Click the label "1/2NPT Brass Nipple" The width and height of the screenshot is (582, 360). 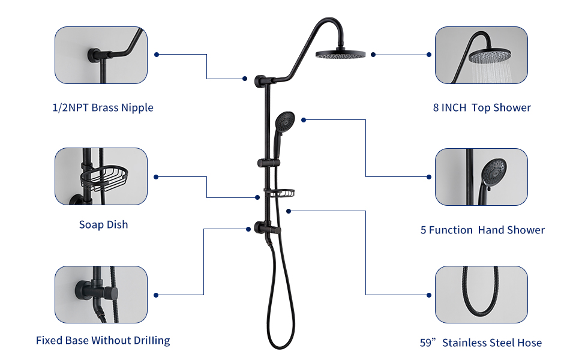pos(103,108)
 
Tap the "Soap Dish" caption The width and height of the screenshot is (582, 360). pos(103,224)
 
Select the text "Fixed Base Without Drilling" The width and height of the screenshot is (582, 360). pos(103,341)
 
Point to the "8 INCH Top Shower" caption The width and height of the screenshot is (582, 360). pos(482,108)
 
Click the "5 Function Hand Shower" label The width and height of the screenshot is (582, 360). pos(482,230)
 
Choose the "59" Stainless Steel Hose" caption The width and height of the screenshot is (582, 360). pos(481,343)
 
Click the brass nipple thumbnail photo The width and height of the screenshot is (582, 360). pos(101,55)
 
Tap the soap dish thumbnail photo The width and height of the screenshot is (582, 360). pos(101,177)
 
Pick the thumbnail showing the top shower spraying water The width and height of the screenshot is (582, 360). pos(481,55)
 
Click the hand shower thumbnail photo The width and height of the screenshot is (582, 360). pos(481,177)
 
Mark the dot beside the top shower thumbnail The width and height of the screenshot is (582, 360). pos(429,55)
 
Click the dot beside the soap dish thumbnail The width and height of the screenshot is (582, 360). pos(157,177)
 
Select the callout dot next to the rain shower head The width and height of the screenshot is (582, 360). pos(373,55)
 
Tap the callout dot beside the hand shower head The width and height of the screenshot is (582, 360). pos(304,120)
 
